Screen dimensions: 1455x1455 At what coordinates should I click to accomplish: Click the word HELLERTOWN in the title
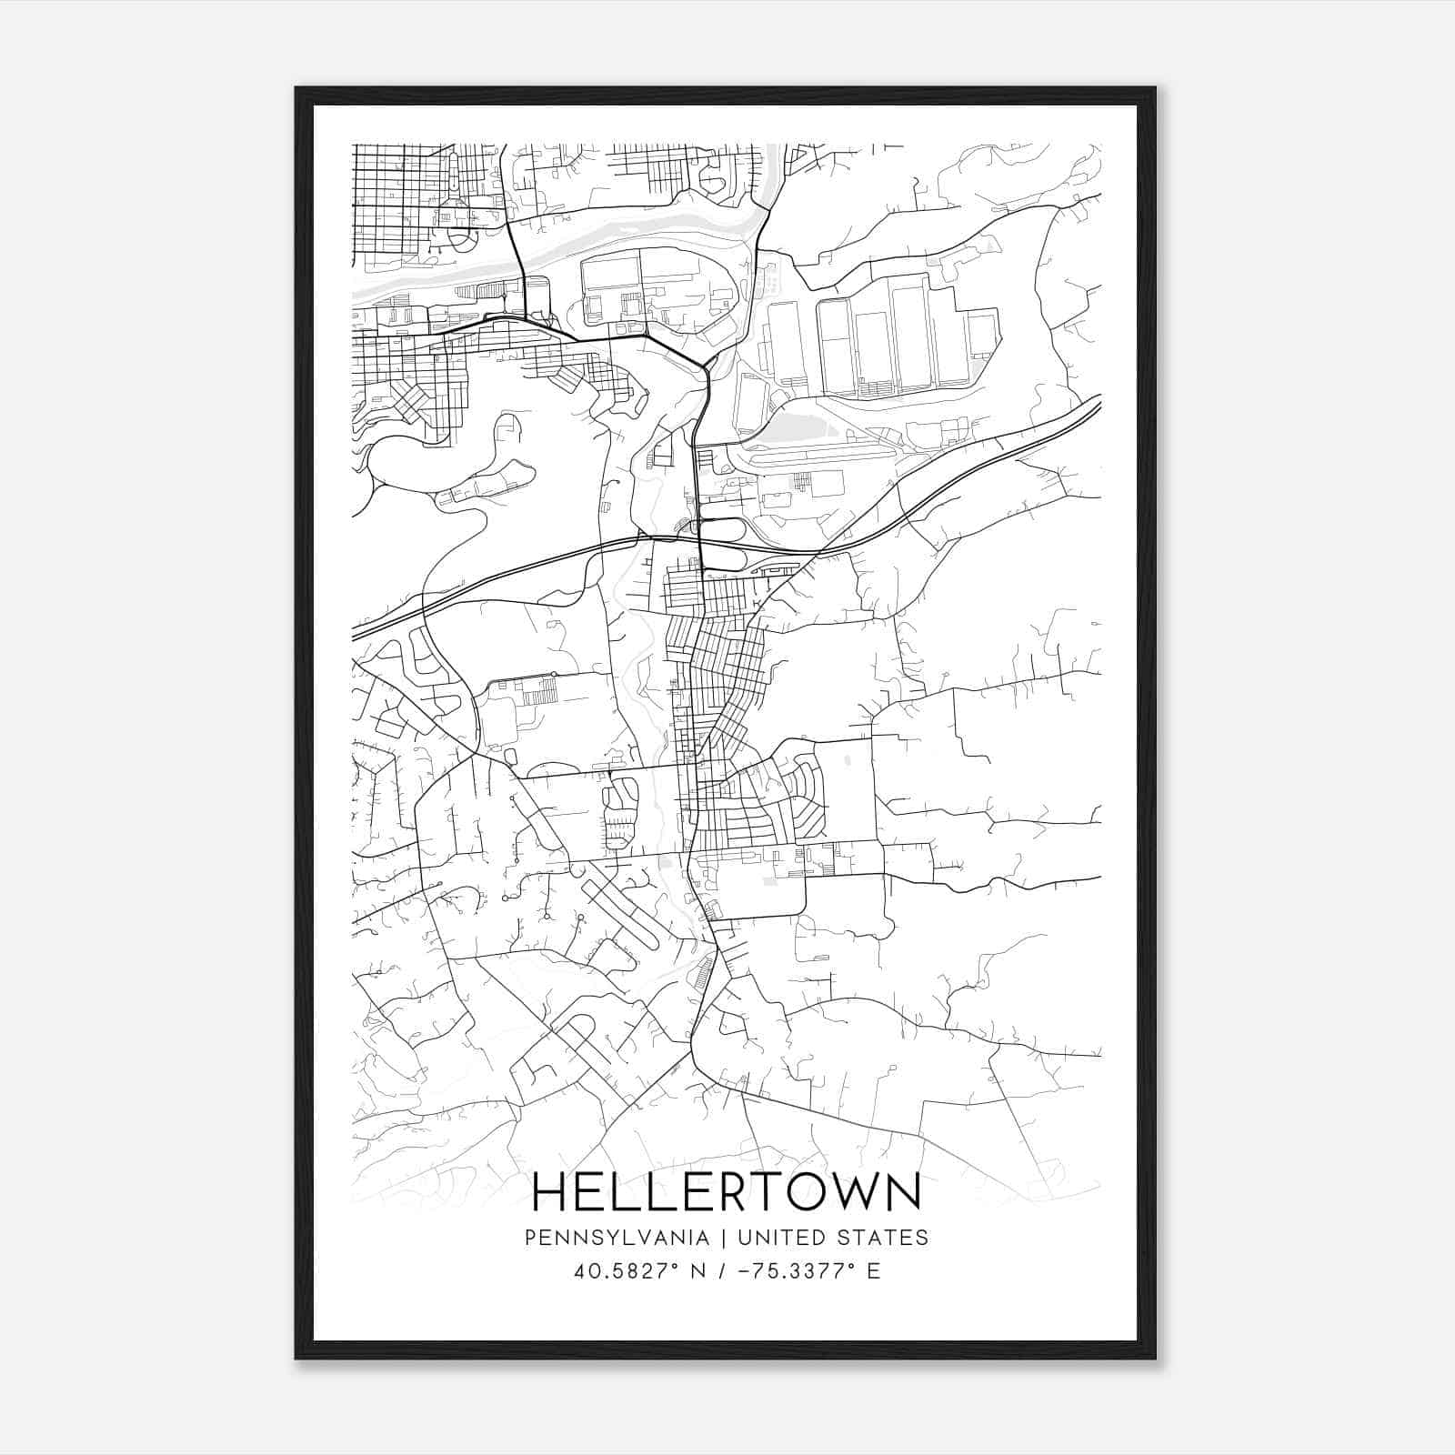point(726,1192)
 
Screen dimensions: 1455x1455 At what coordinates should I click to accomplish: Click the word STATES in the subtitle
point(885,1238)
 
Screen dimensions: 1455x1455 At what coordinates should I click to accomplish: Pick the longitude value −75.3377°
point(798,1271)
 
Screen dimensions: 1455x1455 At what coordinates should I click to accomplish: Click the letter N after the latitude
point(698,1271)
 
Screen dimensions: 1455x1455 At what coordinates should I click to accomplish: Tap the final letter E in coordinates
point(873,1271)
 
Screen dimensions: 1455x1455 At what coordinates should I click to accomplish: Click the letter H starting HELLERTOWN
point(549,1192)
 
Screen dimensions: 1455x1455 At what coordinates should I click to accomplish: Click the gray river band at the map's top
point(637,232)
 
